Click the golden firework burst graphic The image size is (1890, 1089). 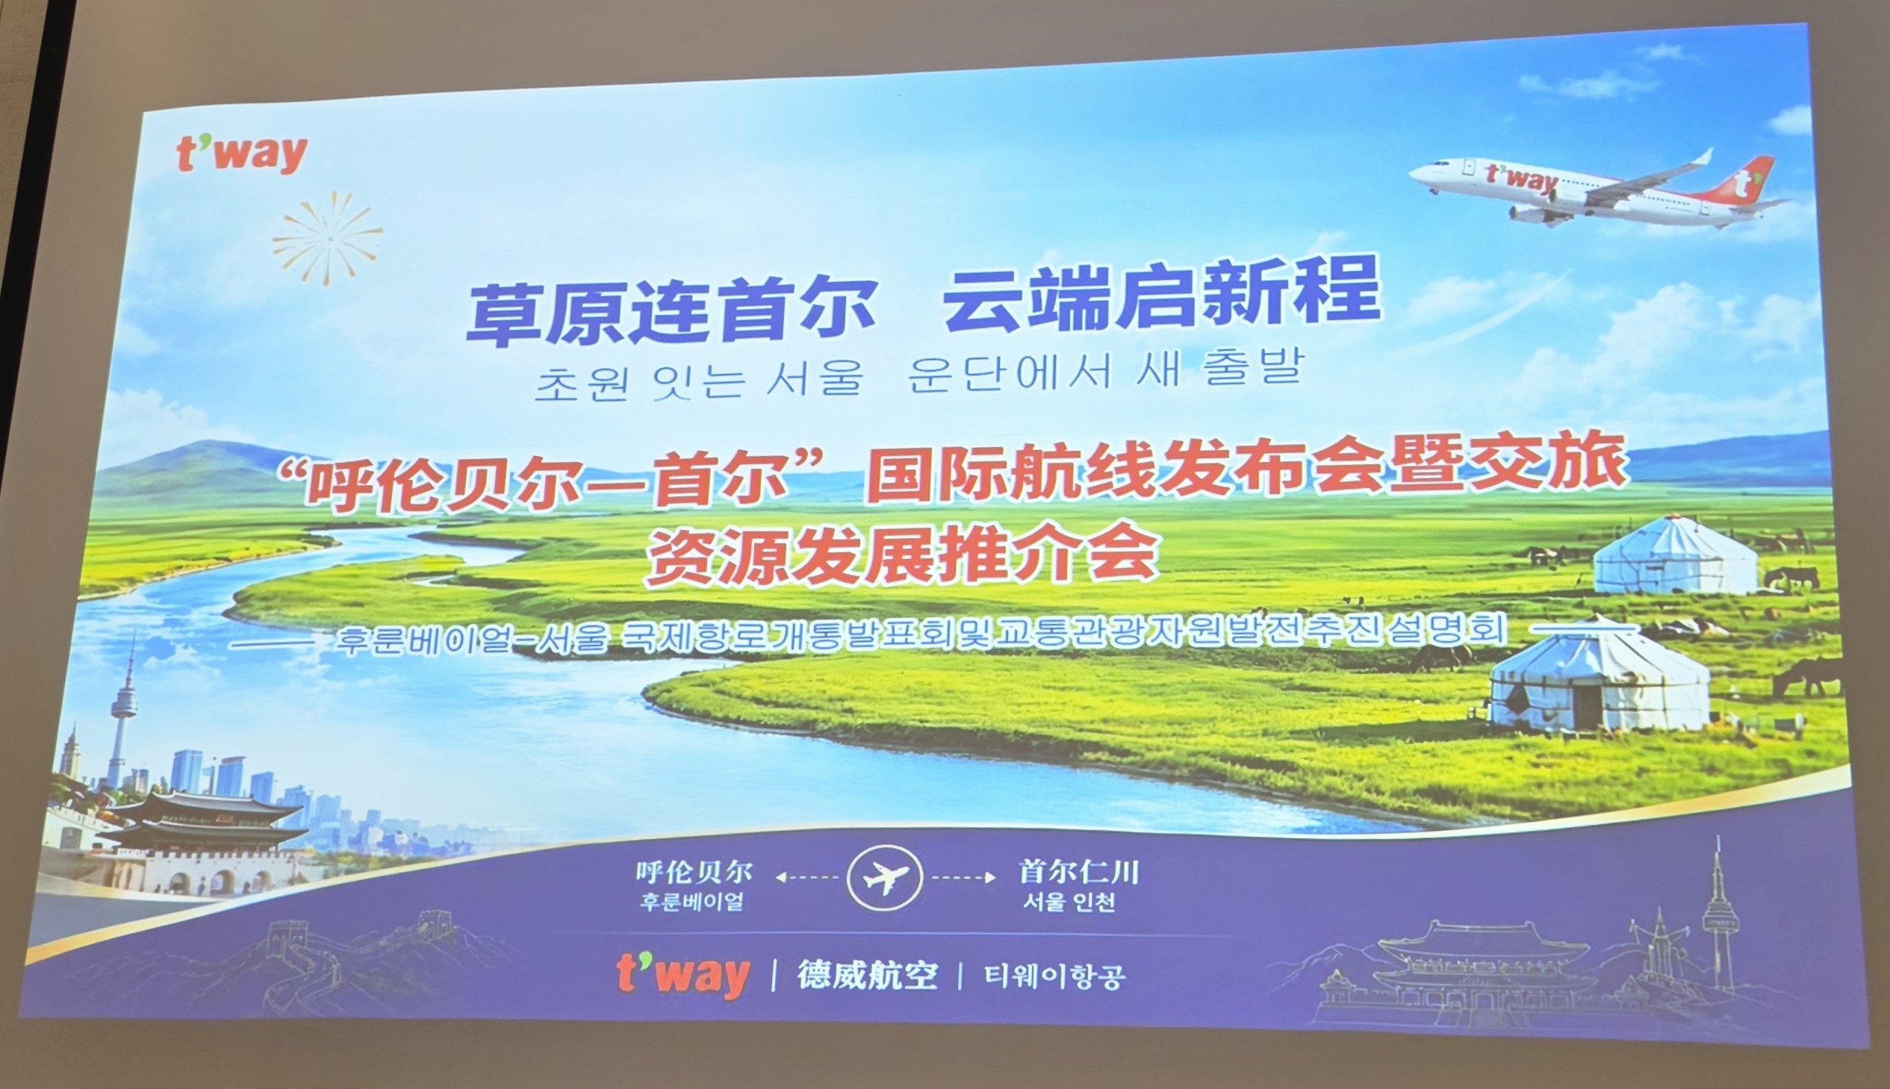click(328, 238)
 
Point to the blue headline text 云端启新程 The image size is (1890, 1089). click(1161, 296)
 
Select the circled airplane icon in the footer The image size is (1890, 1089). click(884, 877)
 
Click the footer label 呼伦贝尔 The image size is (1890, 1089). click(694, 871)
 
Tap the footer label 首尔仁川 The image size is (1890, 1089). click(1078, 871)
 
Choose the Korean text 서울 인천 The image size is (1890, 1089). click(1069, 902)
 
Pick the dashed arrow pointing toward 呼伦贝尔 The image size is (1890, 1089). click(806, 877)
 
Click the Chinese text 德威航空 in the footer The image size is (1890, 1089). click(867, 975)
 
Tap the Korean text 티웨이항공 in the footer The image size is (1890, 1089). click(1055, 977)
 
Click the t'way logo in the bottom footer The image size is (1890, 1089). click(683, 974)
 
